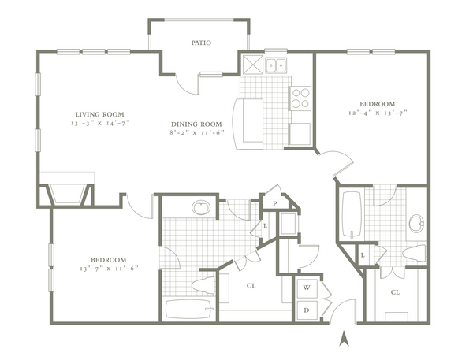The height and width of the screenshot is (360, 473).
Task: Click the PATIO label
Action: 201,43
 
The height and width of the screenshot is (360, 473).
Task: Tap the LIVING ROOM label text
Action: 99,114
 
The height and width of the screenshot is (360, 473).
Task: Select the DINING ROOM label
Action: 196,124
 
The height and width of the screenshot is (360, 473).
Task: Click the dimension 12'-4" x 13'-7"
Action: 378,113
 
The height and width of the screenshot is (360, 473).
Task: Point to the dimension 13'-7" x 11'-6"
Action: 109,269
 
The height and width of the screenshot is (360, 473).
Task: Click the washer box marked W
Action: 307,288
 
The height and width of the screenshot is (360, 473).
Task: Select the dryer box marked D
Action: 307,310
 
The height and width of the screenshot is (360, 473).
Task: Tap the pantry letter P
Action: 275,204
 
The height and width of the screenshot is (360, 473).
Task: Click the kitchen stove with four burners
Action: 300,98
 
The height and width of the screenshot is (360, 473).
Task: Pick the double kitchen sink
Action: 276,65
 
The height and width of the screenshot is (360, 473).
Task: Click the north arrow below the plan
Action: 344,338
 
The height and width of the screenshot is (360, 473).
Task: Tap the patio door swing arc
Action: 188,84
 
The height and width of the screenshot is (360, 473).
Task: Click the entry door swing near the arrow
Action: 343,311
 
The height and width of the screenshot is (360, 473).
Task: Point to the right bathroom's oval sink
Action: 417,224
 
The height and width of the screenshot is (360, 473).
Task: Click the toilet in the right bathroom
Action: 414,252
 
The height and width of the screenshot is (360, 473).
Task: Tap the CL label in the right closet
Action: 395,292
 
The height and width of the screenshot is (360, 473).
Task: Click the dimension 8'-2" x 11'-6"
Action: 196,132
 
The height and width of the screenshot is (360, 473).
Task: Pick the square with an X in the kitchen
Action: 253,65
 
